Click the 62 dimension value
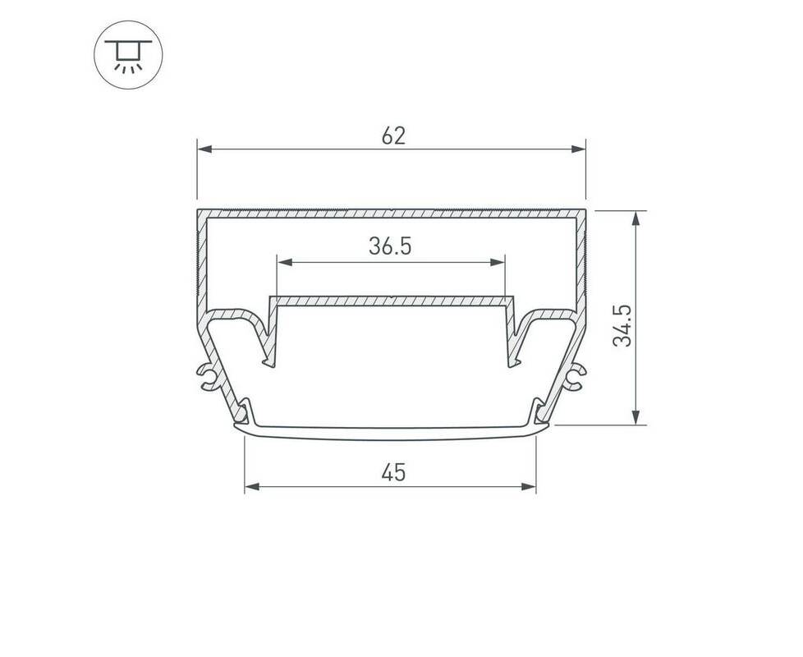coord(393,136)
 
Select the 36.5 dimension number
coord(390,246)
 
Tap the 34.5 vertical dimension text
coord(622,326)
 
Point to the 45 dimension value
coord(393,472)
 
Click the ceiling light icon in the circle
coord(128,55)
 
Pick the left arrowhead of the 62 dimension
coord(204,149)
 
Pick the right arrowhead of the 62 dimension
coord(579,149)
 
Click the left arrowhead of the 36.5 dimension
coord(284,263)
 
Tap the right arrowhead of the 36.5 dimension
coord(498,263)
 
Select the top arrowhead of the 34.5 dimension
coord(636,218)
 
